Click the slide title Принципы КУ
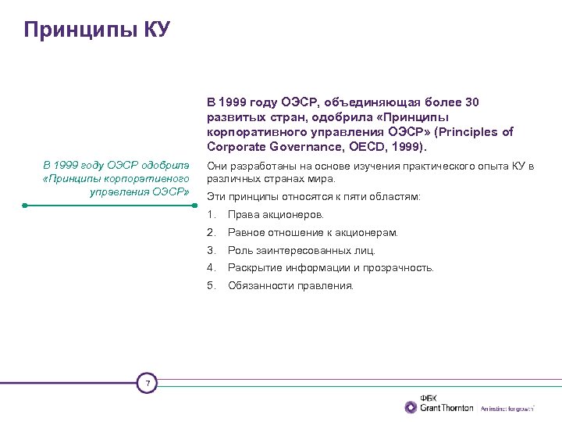click(x=97, y=30)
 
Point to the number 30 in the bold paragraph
click(x=472, y=102)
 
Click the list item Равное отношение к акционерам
click(x=312, y=232)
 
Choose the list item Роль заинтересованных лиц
click(x=301, y=250)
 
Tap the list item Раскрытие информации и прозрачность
click(x=330, y=268)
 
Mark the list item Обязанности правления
click(x=290, y=286)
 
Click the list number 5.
click(x=211, y=286)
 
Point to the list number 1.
click(x=211, y=214)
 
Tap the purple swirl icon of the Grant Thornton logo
click(x=411, y=407)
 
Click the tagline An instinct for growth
click(x=507, y=409)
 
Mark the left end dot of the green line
click(x=25, y=206)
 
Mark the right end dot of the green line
click(x=194, y=206)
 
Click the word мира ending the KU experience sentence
click(x=323, y=178)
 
